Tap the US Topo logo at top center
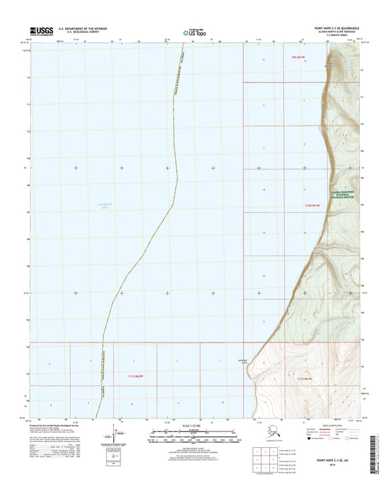coord(193,31)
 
